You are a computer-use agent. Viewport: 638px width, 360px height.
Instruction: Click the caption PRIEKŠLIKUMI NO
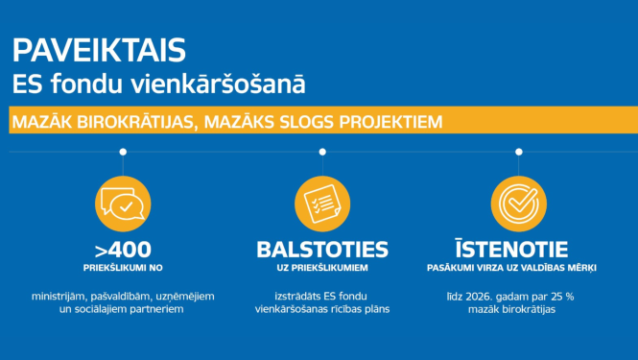click(123, 267)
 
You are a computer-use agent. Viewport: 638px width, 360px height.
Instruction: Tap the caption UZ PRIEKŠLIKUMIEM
click(321, 267)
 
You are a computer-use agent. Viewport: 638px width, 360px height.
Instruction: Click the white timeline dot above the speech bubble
click(123, 152)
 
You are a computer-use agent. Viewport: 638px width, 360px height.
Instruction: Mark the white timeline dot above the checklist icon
click(321, 152)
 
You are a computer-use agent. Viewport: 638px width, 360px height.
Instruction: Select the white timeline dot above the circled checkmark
click(519, 152)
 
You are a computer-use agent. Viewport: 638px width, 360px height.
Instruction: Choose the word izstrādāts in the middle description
click(285, 295)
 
